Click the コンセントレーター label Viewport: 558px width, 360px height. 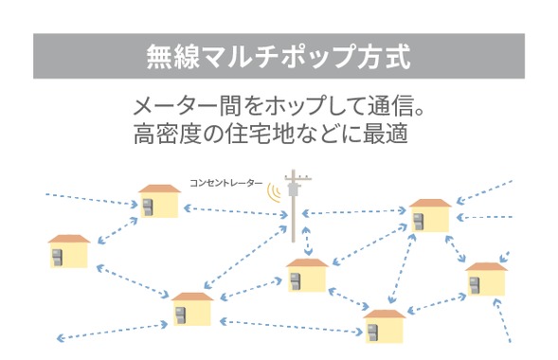click(225, 181)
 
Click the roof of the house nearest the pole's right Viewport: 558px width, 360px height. click(429, 205)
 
